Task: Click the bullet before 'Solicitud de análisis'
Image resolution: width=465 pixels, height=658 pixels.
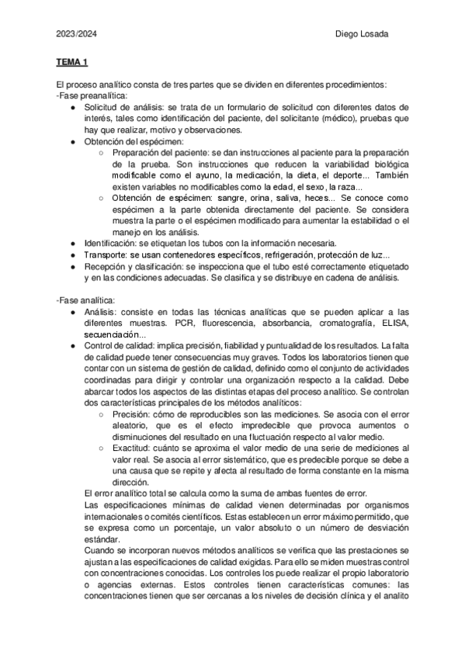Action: coord(72,107)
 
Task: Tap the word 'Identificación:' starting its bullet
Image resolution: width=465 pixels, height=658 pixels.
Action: coord(110,244)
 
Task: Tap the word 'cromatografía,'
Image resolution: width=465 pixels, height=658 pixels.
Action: coord(344,323)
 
